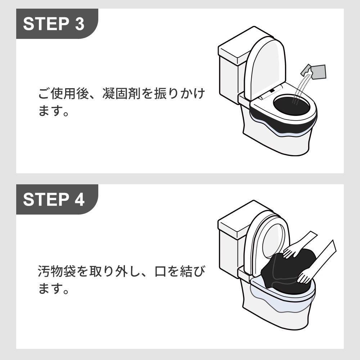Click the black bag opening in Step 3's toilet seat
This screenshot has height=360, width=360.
292,105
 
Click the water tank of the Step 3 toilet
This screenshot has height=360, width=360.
230,72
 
